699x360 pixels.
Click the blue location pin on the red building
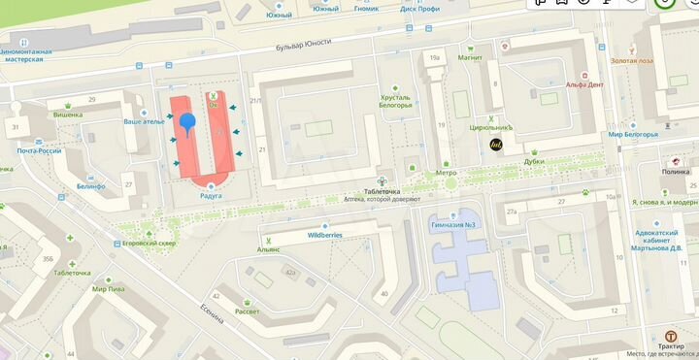(187, 122)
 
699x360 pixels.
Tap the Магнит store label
(470, 57)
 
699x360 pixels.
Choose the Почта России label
(39, 150)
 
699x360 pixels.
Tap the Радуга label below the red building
(211, 195)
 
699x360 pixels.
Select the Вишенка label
(67, 114)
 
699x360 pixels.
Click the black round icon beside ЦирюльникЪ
(495, 145)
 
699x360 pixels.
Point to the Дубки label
(533, 162)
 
